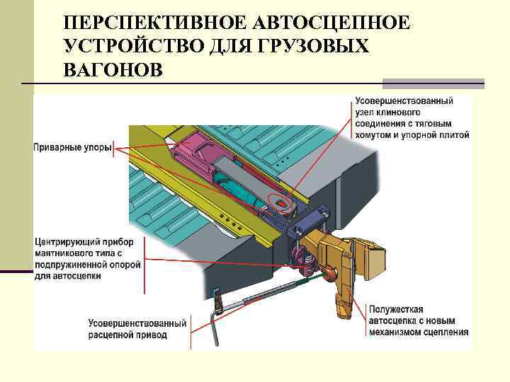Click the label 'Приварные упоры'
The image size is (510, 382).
(72, 148)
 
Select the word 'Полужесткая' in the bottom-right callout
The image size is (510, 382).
(396, 309)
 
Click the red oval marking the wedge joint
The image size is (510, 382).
(282, 203)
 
